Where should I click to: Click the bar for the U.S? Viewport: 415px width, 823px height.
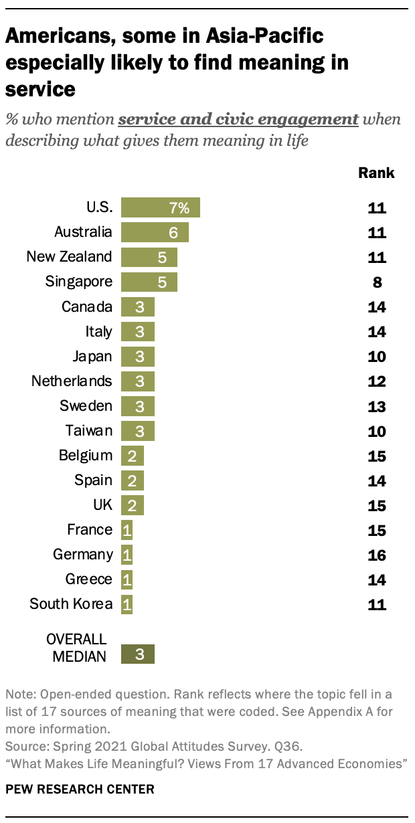(161, 207)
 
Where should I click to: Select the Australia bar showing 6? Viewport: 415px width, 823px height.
(155, 232)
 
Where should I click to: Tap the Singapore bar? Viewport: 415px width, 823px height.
(149, 282)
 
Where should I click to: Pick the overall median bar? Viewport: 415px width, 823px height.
(138, 654)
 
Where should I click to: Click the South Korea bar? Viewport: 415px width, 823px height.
(127, 604)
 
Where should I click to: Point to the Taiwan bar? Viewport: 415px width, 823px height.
(138, 430)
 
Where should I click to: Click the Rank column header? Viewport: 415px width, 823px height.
(376, 173)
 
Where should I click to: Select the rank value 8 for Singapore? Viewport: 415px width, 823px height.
(377, 282)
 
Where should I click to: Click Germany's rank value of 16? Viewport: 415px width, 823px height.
(377, 555)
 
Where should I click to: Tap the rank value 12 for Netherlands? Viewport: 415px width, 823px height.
(377, 381)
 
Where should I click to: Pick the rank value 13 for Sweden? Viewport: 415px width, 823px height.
(377, 406)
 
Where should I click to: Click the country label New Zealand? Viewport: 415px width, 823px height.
(69, 257)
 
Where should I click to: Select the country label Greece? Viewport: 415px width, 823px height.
(89, 579)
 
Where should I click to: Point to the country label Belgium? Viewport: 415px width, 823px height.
(85, 456)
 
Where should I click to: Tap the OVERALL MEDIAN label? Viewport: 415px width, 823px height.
(79, 647)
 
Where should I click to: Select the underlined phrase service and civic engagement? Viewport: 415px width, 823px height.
(238, 120)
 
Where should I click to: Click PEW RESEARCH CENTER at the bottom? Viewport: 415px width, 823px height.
(80, 790)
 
